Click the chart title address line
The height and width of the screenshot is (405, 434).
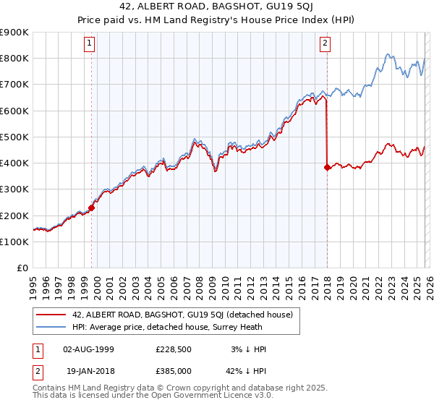(x=217, y=8)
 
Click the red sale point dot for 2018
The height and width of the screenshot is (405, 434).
(x=327, y=167)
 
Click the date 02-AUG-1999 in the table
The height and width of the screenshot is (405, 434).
(x=89, y=349)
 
